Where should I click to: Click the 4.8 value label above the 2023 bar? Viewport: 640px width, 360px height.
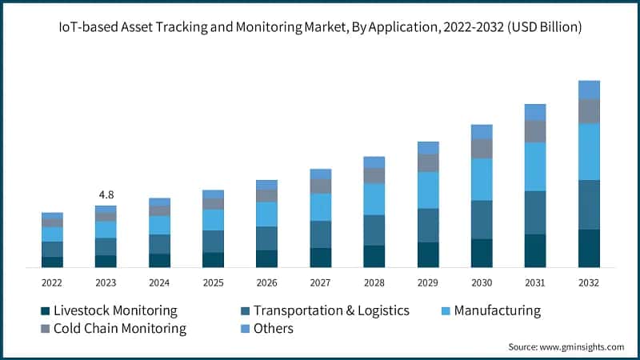click(x=106, y=194)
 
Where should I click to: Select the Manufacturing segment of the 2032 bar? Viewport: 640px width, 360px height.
click(x=589, y=151)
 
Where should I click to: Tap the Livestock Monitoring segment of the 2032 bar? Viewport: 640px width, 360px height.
click(x=589, y=248)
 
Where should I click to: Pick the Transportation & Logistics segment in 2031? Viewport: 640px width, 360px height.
click(x=535, y=212)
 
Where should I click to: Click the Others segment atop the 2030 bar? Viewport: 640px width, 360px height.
click(x=482, y=132)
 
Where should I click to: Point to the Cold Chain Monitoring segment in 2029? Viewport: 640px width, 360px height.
click(x=428, y=163)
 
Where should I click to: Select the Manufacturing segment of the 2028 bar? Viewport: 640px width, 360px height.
click(x=374, y=199)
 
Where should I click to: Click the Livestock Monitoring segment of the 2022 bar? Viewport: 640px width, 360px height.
click(x=52, y=262)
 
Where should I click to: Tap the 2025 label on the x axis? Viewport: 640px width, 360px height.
click(x=213, y=282)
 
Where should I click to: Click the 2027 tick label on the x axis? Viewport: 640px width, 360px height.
click(x=320, y=282)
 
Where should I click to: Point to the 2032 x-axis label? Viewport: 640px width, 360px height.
click(x=588, y=282)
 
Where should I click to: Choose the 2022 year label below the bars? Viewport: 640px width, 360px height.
click(x=52, y=282)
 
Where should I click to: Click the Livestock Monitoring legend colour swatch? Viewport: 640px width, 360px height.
click(x=46, y=310)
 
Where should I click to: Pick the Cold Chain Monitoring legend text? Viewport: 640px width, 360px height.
click(x=121, y=328)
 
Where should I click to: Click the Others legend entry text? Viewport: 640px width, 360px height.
click(x=274, y=328)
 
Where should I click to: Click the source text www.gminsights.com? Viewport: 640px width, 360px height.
click(x=582, y=347)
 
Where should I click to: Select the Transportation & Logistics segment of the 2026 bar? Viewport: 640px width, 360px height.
click(x=266, y=238)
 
